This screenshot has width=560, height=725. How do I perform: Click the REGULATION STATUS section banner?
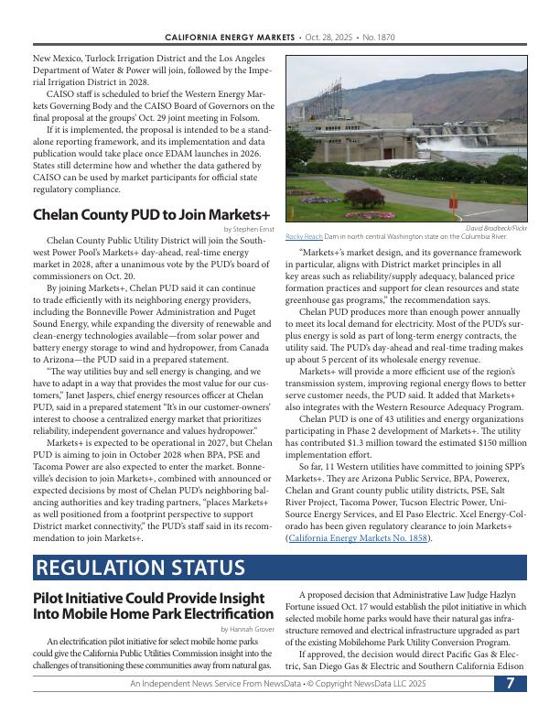coord(139,568)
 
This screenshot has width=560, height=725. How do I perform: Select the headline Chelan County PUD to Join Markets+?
coord(151,214)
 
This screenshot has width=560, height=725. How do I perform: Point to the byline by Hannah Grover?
coord(247,629)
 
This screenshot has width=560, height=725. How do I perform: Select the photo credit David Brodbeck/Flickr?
coord(496,227)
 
